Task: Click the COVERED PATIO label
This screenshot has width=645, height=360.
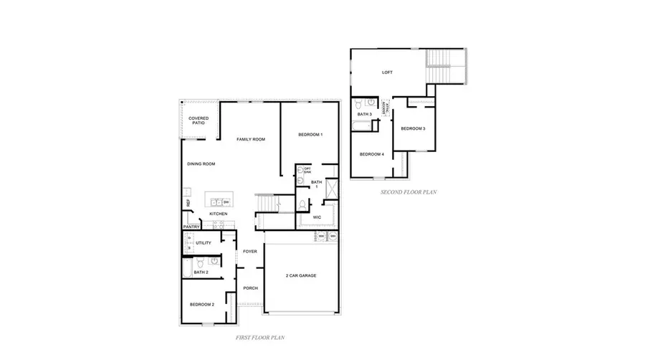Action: coord(199,120)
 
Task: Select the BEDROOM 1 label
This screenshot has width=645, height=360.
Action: coord(310,135)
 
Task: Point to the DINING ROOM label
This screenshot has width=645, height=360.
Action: coord(201,164)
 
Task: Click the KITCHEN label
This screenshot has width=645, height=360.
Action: coord(218,214)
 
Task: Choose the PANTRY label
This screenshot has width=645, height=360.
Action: coord(191,227)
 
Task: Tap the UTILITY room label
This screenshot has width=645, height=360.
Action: coord(204,244)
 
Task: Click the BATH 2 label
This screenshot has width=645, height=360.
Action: coord(201,273)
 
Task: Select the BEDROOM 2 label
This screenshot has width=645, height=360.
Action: coord(202,305)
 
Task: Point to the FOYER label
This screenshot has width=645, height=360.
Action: coord(249,252)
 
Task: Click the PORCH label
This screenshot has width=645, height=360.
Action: coord(250,288)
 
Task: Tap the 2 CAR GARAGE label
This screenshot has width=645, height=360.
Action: coord(301,276)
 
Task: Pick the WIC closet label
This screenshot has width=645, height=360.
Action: coord(316,217)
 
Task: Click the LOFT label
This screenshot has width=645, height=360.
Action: coord(388,72)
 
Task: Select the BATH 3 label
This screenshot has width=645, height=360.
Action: coord(364,115)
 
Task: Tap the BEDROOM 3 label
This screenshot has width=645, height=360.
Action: coord(413,128)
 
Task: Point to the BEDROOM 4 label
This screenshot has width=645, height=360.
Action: coord(371,154)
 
